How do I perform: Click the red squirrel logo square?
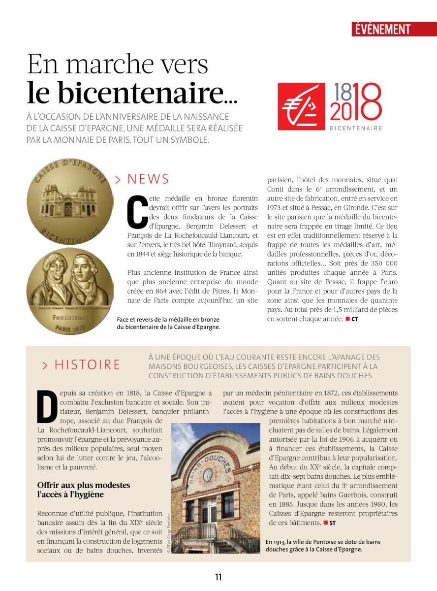pos(301,106)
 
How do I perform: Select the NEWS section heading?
pos(148,179)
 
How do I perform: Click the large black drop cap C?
pos(137,212)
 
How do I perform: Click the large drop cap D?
pos(47,407)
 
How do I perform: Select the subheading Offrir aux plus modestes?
pos(84,490)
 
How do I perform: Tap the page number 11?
pos(218,577)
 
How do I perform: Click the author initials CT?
pos(354,319)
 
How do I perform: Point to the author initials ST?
pos(332,523)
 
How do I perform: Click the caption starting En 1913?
pos(322,545)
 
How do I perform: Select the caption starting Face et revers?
pos(168,323)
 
